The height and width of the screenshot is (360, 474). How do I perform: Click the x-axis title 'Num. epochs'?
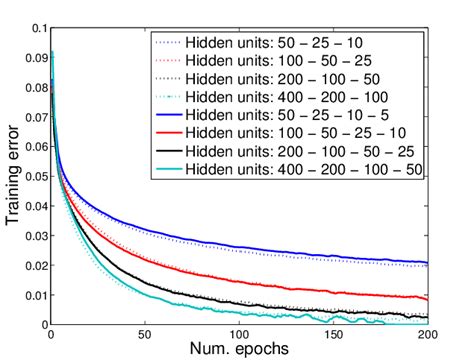click(x=240, y=349)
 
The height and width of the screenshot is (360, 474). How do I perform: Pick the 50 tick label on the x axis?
click(x=145, y=333)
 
